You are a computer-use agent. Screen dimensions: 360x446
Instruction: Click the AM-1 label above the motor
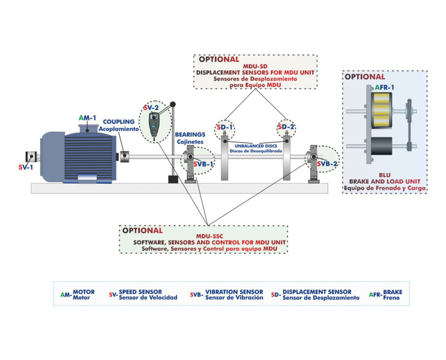tap(87, 117)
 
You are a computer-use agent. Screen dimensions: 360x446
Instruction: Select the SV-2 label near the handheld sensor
tap(151, 107)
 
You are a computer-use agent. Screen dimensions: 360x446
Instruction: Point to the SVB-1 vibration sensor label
tap(204, 164)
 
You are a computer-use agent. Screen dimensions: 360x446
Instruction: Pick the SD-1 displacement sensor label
tap(225, 128)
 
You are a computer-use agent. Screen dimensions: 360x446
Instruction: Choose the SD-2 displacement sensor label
tap(287, 128)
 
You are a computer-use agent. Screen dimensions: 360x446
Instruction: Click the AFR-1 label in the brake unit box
tap(384, 88)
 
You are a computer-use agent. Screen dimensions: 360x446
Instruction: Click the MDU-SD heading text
tap(255, 66)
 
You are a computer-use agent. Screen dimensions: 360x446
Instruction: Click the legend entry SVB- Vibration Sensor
tap(227, 294)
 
